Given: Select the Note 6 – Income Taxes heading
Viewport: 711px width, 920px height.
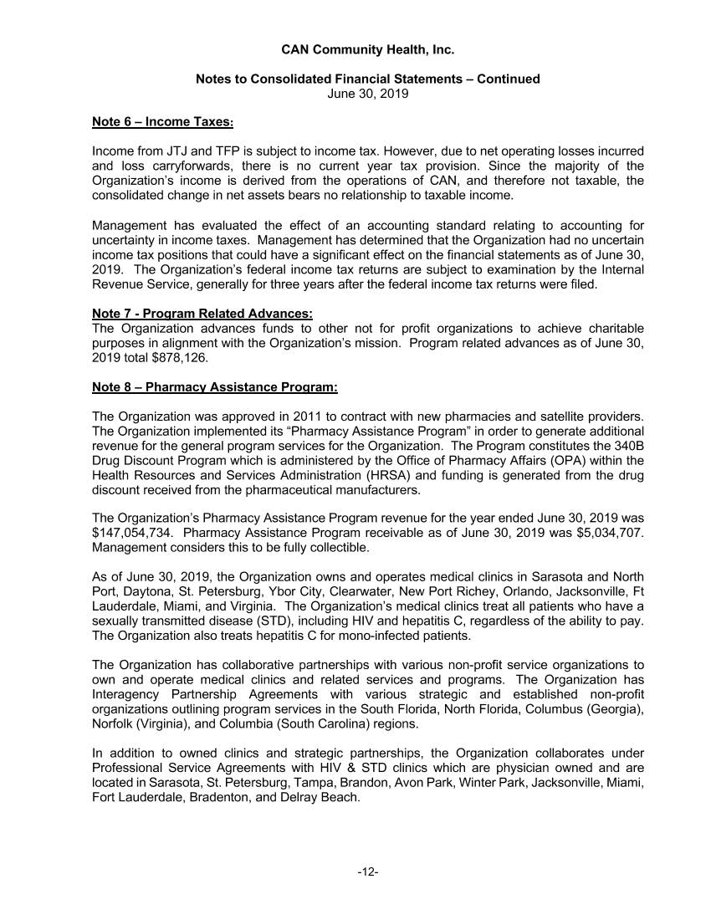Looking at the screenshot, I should pyautogui.click(x=162, y=122).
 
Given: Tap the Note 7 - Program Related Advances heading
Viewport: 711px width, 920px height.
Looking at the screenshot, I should pyautogui.click(x=202, y=314).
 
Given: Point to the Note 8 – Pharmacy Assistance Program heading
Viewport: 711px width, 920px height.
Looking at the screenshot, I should pyautogui.click(x=215, y=387).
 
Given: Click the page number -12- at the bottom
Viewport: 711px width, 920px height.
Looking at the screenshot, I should pyautogui.click(x=367, y=872).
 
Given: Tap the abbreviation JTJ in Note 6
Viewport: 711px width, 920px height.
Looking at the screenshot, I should pyautogui.click(x=190, y=151).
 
